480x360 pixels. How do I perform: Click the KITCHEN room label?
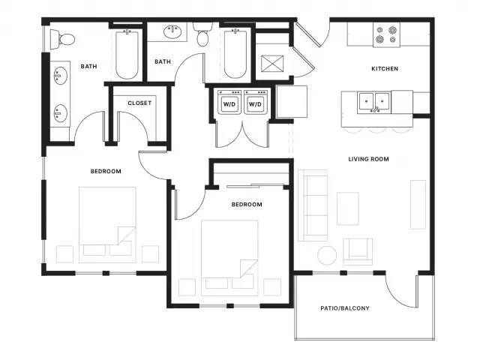pos(385,68)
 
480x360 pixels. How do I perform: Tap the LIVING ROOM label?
pos(368,159)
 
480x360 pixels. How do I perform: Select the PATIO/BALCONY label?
pos(345,308)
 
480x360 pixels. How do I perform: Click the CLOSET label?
pos(139,103)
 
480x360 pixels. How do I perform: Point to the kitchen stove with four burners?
pos(386,35)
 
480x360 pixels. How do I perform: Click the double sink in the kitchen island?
pos(374,102)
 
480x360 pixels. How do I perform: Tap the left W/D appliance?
pos(229,102)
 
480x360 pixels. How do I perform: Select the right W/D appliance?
pos(255,102)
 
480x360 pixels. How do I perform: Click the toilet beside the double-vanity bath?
pos(62,39)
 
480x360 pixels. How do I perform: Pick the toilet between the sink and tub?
pos(202,34)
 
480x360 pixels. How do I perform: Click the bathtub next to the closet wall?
pos(127,55)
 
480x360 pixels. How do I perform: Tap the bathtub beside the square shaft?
pos(235,53)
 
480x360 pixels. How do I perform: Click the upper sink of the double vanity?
pos(60,75)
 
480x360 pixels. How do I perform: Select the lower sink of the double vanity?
pos(60,113)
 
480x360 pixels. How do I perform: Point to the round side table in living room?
pos(327,255)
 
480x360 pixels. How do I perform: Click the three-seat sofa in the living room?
pos(313,205)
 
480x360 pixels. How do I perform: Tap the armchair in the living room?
pos(358,252)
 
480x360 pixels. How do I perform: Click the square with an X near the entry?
pos(272,64)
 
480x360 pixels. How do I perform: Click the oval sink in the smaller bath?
pos(173,31)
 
